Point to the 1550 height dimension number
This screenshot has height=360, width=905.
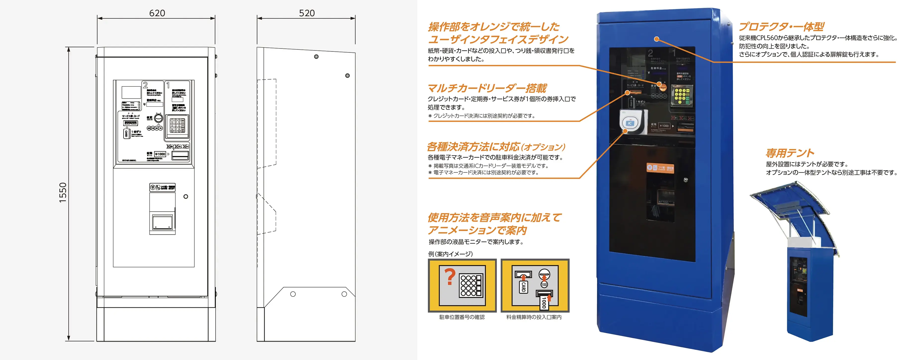[63, 192]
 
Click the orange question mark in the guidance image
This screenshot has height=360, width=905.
[450, 276]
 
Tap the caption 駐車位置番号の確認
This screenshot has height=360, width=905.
[462, 317]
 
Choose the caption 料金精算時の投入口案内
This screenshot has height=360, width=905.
[534, 317]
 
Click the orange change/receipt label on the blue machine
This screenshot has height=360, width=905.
[661, 168]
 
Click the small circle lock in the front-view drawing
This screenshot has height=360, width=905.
[186, 196]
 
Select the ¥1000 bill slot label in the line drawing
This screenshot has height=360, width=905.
[160, 154]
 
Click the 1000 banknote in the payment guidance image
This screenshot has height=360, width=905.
[544, 301]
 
